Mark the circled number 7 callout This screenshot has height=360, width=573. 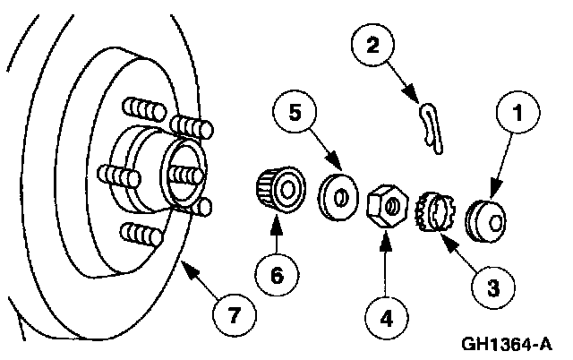tap(233, 313)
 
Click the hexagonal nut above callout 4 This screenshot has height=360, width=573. tap(389, 204)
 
